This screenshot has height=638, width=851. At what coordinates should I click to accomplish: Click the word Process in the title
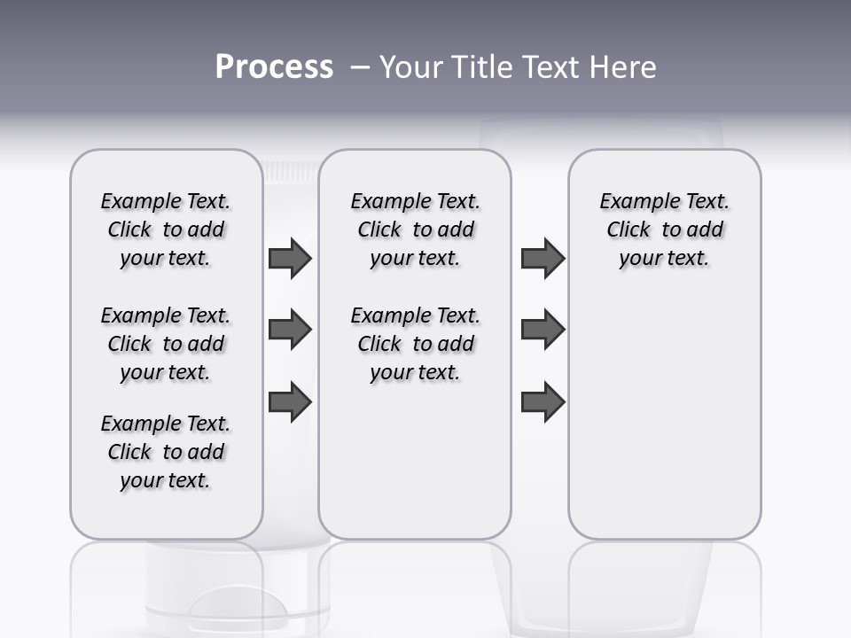pos(274,66)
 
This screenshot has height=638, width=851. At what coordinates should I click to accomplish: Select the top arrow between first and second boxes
pos(290,259)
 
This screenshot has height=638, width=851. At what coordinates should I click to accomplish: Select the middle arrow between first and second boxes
pos(290,330)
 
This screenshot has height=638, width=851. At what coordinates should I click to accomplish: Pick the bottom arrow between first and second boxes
pos(290,401)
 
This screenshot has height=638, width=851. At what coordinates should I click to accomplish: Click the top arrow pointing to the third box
pos(543,259)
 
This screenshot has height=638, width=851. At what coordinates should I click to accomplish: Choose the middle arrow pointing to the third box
pos(543,330)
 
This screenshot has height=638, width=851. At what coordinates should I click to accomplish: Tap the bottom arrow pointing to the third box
pos(543,401)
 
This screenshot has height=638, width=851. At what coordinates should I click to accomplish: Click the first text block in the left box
pos(166,230)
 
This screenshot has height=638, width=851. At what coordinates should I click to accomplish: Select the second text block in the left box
pos(166,344)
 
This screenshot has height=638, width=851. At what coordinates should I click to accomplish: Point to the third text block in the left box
pos(166,452)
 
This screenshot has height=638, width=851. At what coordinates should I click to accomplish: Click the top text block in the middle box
pos(415,230)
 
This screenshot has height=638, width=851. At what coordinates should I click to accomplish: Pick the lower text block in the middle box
pos(415,344)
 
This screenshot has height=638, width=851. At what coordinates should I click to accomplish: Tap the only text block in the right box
pos(664,230)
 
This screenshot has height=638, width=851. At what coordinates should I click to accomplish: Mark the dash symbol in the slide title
pos(360,67)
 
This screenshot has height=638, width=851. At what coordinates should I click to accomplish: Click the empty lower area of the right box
pos(664,416)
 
